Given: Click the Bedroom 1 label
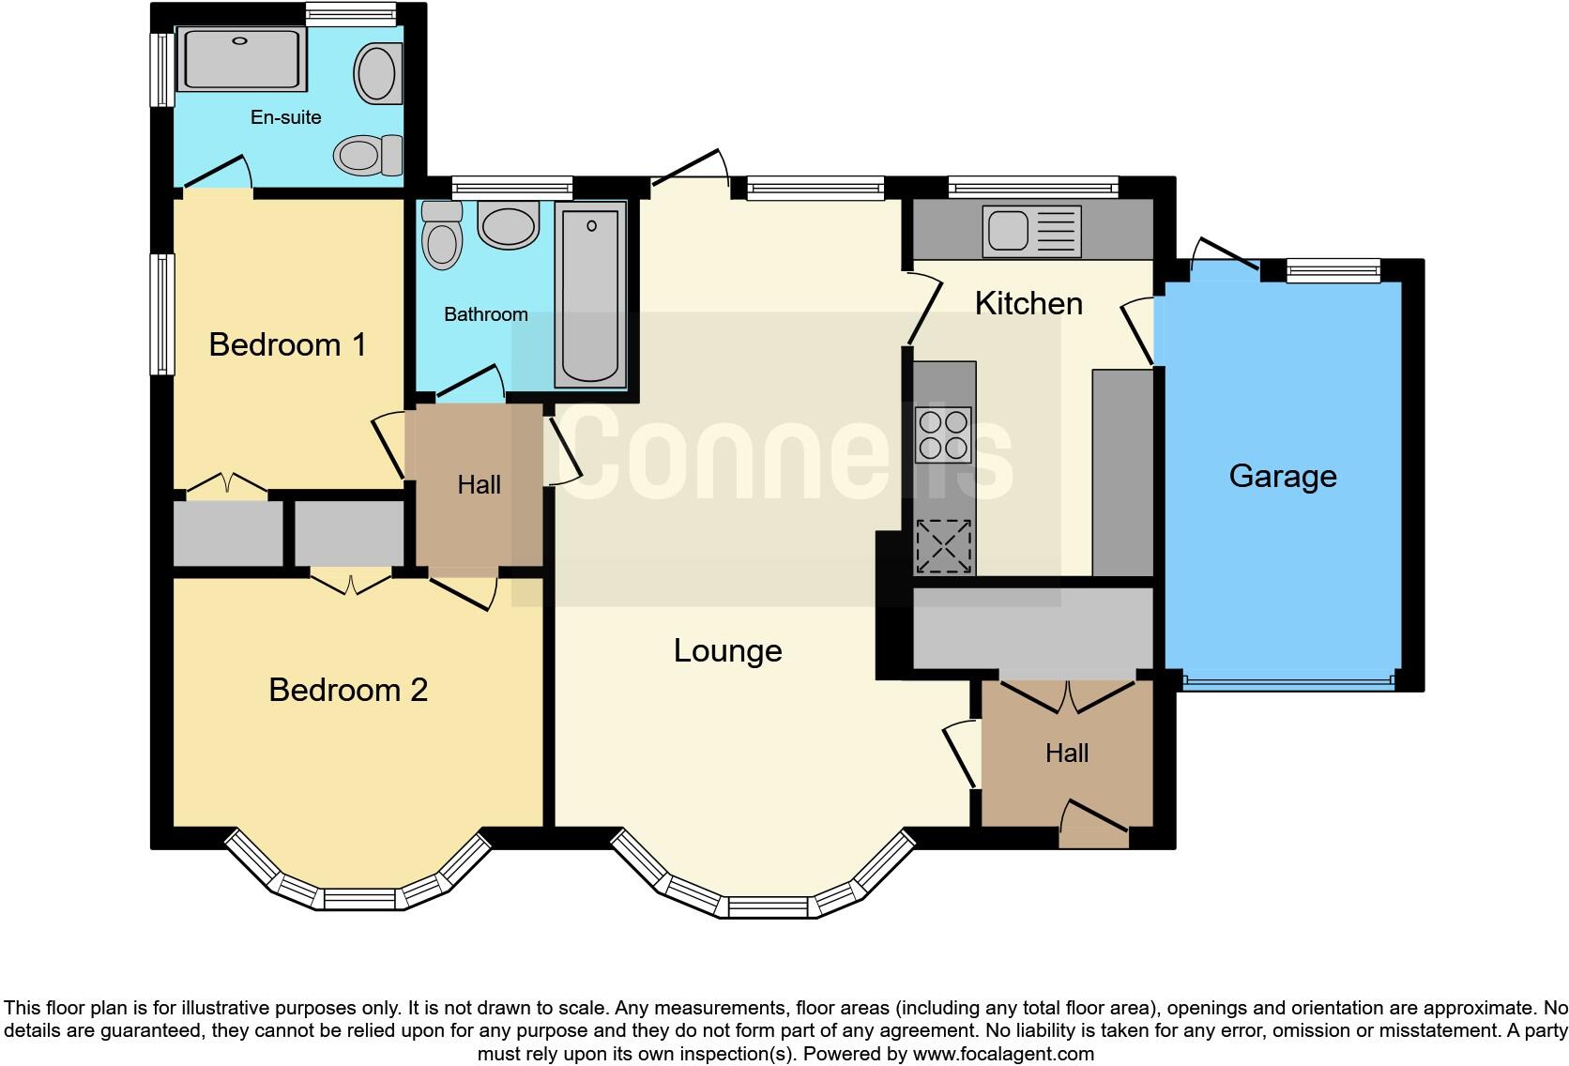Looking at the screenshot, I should click(287, 344).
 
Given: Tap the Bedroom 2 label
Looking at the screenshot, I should click(348, 690).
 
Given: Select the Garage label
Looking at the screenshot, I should click(1283, 477).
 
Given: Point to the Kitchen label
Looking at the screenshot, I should click(1028, 303).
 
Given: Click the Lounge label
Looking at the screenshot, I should click(727, 650).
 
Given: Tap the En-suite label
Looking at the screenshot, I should click(285, 117).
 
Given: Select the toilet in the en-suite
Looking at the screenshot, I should click(370, 154).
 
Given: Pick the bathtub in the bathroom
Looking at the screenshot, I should click(590, 296).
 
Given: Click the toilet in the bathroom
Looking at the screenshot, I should click(442, 235).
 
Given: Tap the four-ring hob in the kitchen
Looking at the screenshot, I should click(943, 435).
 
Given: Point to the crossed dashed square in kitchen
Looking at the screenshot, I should click(943, 545).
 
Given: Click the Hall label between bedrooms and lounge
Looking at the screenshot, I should click(479, 485).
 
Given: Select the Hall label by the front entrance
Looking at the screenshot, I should click(1067, 753).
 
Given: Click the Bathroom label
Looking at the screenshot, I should click(485, 314).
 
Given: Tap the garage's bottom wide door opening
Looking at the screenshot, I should click(1288, 681).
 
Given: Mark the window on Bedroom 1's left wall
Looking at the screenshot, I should click(163, 314).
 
